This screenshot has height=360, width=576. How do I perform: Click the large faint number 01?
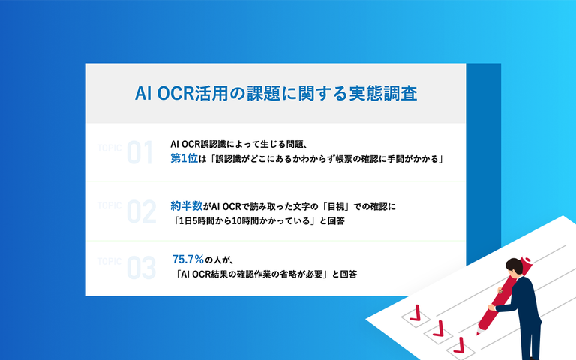(x=139, y=152)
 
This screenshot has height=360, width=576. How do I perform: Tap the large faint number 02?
(x=142, y=211)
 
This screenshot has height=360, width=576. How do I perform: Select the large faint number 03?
(x=142, y=268)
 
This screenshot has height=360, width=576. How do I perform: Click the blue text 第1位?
(x=184, y=159)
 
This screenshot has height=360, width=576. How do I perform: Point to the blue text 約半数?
(x=186, y=206)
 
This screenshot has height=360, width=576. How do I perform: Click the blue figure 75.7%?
(x=188, y=259)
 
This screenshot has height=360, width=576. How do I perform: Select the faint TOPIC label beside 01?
(x=109, y=148)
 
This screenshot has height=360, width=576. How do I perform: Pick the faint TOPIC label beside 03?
(x=109, y=261)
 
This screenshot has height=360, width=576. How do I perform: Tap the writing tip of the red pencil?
(x=478, y=334)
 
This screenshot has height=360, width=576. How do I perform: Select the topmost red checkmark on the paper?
(x=415, y=313)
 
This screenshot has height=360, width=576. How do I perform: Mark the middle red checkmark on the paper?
(x=438, y=328)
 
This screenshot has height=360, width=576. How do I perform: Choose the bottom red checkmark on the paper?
(x=459, y=345)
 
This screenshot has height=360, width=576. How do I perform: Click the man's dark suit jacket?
(x=523, y=301)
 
